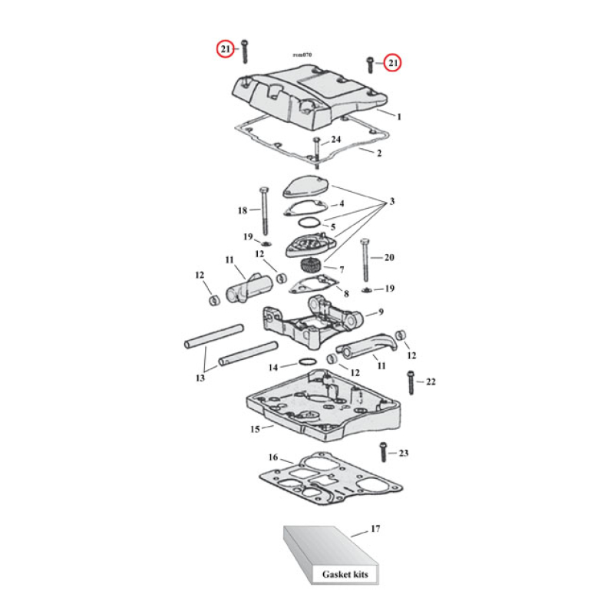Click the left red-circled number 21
coord(224,50)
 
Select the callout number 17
coord(375,529)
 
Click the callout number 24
coord(335,139)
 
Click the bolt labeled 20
coord(367,259)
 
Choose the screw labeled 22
coord(410,381)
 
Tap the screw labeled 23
coord(381,453)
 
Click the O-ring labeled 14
coord(305,361)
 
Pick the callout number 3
coord(392,202)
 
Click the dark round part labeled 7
coord(309,268)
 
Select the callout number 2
coord(378,153)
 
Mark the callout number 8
coord(345,293)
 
